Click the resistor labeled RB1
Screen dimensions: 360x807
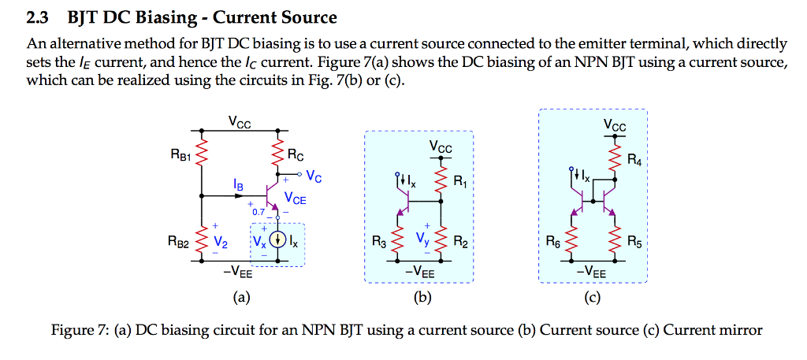(x=202, y=155)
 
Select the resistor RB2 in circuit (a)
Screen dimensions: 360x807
(x=202, y=240)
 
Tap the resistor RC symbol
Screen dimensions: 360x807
(x=277, y=155)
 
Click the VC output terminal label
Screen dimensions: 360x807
(x=314, y=175)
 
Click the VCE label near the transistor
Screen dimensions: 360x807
(x=296, y=199)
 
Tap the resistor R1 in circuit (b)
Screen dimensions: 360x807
(x=441, y=182)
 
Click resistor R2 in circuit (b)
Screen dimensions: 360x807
(x=441, y=241)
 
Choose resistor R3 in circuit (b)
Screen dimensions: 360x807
(x=397, y=241)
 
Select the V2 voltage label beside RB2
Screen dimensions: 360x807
(x=221, y=241)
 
